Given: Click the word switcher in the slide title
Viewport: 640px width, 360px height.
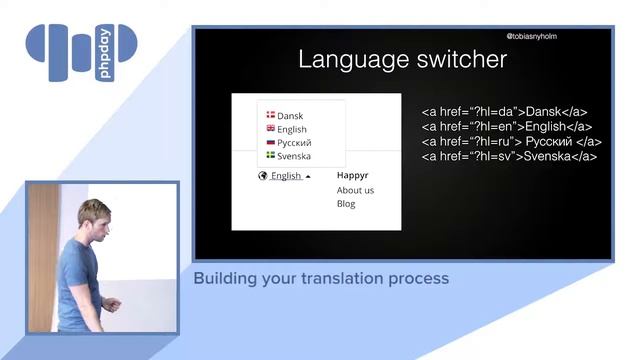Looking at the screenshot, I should pos(458,60).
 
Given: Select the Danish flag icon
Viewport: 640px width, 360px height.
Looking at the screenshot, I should pos(270,115).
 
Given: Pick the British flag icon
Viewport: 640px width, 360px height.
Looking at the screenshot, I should pos(270,129).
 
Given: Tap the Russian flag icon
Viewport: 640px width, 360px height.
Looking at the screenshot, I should pos(270,142).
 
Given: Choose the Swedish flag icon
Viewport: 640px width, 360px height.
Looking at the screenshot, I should pos(270,156).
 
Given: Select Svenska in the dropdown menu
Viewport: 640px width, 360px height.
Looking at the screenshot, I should pos(294,157).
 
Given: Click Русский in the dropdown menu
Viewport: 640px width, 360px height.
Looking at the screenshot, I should pos(294,143).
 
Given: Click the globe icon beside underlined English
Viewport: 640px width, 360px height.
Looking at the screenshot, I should pos(263,176).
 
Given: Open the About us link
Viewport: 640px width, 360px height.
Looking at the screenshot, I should pos(355,190).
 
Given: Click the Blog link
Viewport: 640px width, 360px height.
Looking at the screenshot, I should pos(346,204).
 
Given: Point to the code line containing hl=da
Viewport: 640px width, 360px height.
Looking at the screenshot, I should pos(504,112).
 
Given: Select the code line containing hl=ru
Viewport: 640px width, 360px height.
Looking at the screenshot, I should pos(508,142).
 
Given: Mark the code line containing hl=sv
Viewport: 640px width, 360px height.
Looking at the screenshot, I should pos(509,157).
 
